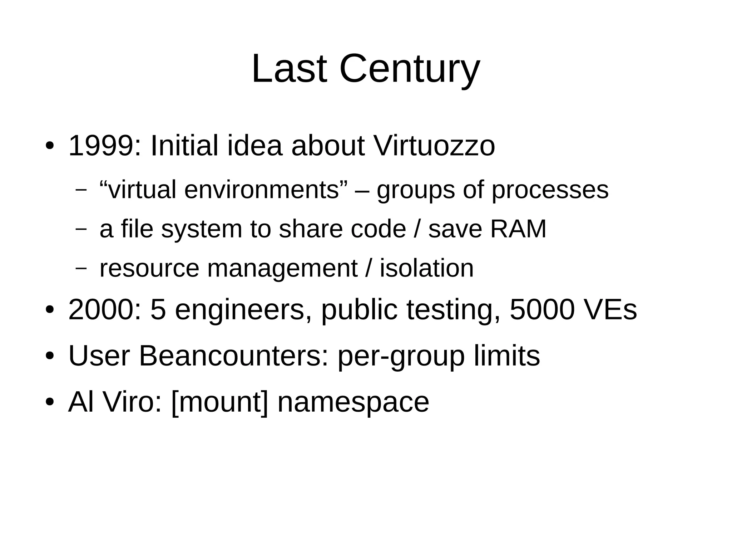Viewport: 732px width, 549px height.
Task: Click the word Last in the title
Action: coord(289,69)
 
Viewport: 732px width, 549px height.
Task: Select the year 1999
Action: coord(100,146)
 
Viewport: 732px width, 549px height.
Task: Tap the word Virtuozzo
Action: coord(434,146)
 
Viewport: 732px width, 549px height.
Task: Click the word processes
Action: coord(550,190)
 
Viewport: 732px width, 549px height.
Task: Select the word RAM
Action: coord(518,229)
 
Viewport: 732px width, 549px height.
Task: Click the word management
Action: coord(282,269)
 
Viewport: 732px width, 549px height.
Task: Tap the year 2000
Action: coord(100,310)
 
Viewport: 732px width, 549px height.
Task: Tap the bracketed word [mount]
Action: coord(219,402)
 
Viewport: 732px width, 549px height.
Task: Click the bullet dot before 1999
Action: coord(49,146)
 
